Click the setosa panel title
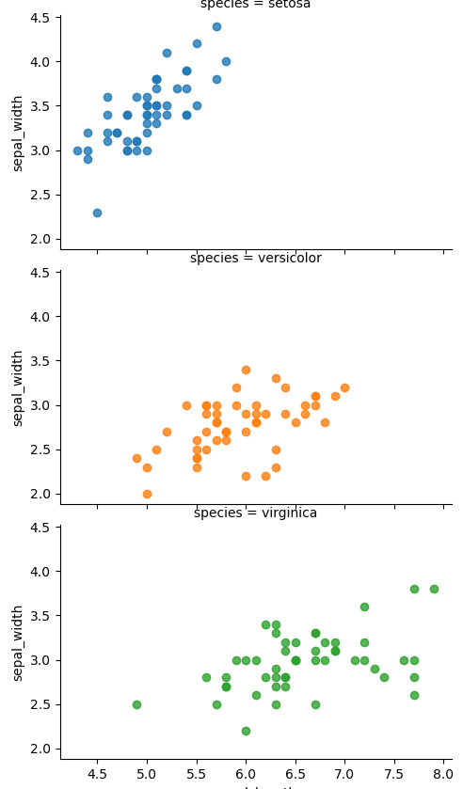[x=255, y=5]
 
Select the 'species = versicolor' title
[x=255, y=259]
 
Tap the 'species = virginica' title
[x=255, y=513]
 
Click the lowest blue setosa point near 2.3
[x=97, y=213]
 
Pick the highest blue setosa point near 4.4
[x=216, y=26]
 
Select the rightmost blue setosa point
[x=226, y=62]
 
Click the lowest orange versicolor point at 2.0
[x=147, y=494]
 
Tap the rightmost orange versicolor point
[x=344, y=387]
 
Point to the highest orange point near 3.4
[x=246, y=370]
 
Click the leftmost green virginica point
[x=136, y=704]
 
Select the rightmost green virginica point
[x=434, y=589]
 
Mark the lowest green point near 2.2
[x=246, y=731]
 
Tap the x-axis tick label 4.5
[x=97, y=774]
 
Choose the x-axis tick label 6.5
[x=295, y=774]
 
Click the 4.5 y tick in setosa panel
[x=40, y=18]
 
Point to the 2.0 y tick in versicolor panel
[x=40, y=494]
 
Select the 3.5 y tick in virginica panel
[x=40, y=616]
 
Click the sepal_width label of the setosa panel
[x=18, y=133]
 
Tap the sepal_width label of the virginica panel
[x=18, y=642]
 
